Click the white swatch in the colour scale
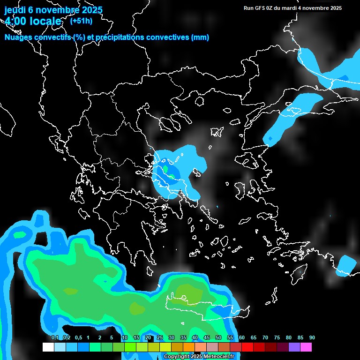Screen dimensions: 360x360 click(48, 347)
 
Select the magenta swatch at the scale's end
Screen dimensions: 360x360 click(306, 347)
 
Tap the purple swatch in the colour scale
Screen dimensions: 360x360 click(294, 347)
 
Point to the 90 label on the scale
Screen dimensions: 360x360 click(312, 337)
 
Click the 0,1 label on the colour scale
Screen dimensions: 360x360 click(55, 337)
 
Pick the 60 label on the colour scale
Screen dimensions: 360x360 click(242, 337)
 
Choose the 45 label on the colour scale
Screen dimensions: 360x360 click(207, 337)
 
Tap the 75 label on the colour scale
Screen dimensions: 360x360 click(277, 337)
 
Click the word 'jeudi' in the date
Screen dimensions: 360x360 click(15, 10)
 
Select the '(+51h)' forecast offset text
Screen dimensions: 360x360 click(81, 21)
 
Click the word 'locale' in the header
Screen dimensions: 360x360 click(46, 21)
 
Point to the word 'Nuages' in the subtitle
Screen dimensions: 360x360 click(17, 37)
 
